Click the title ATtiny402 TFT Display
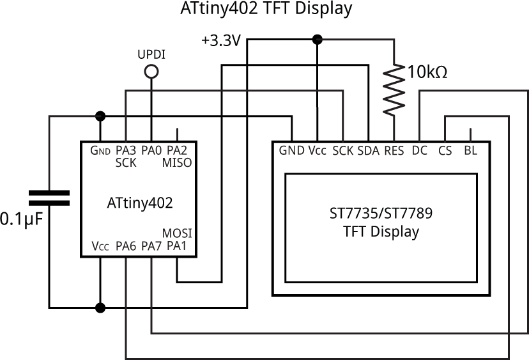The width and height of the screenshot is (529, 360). pyautogui.click(x=264, y=9)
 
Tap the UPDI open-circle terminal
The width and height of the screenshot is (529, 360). pyautogui.click(x=151, y=73)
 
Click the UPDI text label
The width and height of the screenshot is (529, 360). pyautogui.click(x=151, y=55)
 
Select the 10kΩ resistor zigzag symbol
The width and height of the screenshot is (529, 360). pyautogui.click(x=394, y=89)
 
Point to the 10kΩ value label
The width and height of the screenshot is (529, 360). pyautogui.click(x=427, y=72)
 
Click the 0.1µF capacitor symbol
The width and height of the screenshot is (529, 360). pyautogui.click(x=49, y=198)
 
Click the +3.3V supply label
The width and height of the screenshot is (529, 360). pyautogui.click(x=220, y=41)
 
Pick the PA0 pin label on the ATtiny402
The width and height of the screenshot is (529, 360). pyautogui.click(x=151, y=150)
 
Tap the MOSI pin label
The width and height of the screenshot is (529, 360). pyautogui.click(x=178, y=233)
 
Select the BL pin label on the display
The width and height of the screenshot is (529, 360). pyautogui.click(x=470, y=151)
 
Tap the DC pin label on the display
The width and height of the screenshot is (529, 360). pyautogui.click(x=420, y=151)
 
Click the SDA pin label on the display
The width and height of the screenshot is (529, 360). pyautogui.click(x=369, y=151)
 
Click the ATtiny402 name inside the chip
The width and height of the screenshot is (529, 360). pyautogui.click(x=139, y=203)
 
